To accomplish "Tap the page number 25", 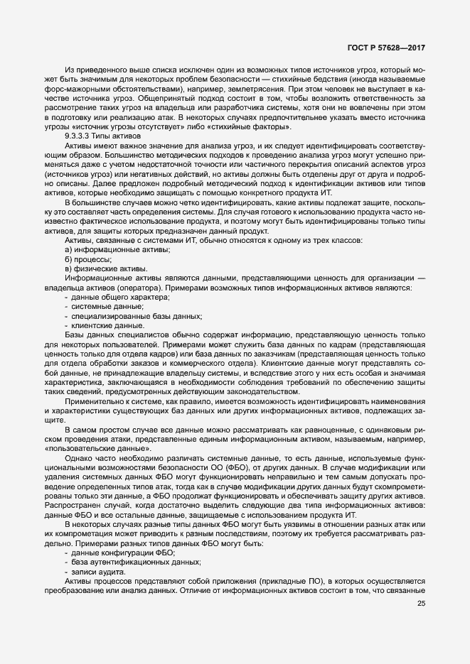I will (421, 604).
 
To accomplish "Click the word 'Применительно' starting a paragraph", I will (92, 403).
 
